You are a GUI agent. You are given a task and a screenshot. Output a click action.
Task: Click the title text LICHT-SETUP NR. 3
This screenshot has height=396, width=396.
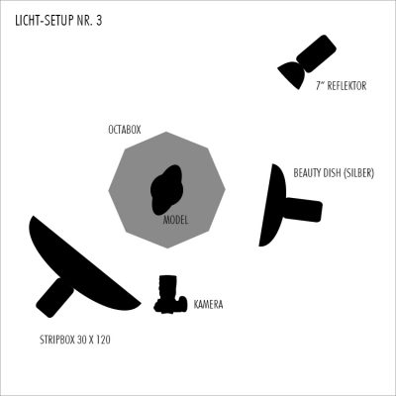click(58, 21)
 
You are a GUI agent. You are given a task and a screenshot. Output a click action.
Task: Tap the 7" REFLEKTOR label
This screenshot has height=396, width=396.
click(342, 86)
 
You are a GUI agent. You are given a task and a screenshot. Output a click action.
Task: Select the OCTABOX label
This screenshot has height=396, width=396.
click(125, 130)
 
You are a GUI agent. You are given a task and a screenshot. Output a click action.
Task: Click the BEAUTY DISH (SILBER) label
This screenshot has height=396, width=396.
click(334, 173)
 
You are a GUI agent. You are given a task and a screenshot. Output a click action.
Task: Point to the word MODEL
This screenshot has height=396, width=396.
click(176, 220)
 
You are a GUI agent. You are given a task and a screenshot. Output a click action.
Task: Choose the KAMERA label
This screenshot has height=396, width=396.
click(208, 304)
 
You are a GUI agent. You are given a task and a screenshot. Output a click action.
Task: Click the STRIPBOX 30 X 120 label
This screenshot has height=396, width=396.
click(75, 340)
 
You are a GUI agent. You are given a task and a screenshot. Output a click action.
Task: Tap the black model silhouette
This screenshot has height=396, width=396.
click(166, 189)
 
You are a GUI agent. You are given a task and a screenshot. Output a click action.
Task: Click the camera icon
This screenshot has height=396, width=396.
click(170, 294)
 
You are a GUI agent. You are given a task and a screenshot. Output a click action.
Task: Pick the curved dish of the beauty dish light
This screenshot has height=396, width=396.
click(272, 205)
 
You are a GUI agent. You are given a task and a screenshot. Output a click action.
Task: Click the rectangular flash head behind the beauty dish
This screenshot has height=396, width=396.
click(304, 210)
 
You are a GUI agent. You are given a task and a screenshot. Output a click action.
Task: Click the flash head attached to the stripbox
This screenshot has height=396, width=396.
click(54, 297)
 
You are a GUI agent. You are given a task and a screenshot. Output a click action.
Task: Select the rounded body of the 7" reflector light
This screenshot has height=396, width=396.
click(316, 53)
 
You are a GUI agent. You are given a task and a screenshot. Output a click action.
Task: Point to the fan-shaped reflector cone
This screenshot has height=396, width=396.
click(292, 74)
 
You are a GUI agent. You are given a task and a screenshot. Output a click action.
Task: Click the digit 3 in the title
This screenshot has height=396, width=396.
click(99, 21)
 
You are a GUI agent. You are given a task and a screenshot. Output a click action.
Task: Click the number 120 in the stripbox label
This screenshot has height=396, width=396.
click(103, 340)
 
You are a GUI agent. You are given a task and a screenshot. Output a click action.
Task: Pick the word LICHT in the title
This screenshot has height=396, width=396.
click(25, 21)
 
